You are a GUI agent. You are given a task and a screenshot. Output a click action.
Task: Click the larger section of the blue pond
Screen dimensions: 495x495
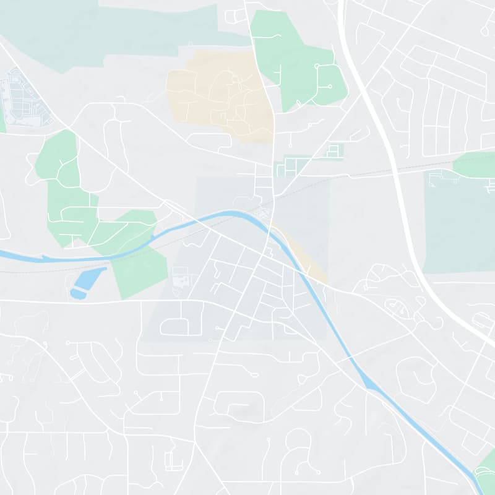point(88,278)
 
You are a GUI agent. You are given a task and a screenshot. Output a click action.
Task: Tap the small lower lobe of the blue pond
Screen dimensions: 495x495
point(78,294)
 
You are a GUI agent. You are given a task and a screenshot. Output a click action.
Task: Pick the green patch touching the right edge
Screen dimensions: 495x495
point(476,165)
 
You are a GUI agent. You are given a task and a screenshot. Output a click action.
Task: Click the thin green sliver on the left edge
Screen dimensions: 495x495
point(2,124)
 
